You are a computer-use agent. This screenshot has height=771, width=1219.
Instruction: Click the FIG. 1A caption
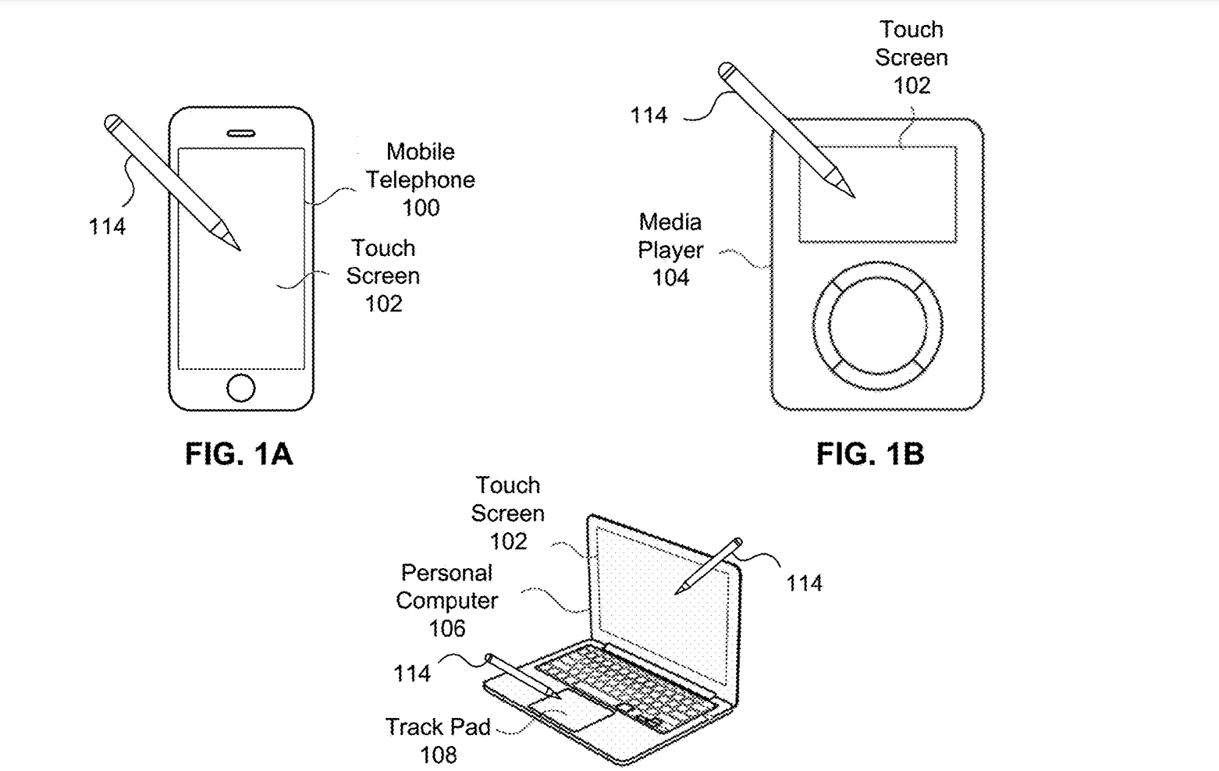[239, 453]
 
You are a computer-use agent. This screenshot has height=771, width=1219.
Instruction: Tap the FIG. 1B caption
[869, 453]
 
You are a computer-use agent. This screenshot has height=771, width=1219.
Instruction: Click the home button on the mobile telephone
[240, 388]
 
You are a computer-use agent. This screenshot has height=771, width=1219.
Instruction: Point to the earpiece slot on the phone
[240, 133]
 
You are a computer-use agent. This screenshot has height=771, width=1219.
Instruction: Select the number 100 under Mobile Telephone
[421, 208]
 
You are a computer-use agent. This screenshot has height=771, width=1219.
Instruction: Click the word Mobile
[420, 151]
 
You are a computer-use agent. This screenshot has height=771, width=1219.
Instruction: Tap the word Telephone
[421, 179]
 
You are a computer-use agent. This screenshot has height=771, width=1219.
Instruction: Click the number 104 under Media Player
[670, 278]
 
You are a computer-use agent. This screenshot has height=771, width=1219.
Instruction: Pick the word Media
[670, 222]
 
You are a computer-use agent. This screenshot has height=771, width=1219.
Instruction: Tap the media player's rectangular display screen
[877, 194]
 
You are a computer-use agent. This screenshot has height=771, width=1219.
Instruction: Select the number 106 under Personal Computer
[446, 628]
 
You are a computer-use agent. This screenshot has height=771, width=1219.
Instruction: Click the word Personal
[446, 573]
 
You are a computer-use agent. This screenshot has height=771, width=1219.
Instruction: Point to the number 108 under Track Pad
[438, 755]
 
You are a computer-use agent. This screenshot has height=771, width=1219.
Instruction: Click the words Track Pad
[438, 727]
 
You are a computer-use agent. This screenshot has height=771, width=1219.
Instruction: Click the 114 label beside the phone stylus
[107, 227]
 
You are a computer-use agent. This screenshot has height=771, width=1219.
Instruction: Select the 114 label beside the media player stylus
[649, 115]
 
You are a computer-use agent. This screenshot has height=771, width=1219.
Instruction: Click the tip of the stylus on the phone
[239, 249]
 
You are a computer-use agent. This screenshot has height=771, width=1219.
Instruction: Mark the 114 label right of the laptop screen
[804, 583]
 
